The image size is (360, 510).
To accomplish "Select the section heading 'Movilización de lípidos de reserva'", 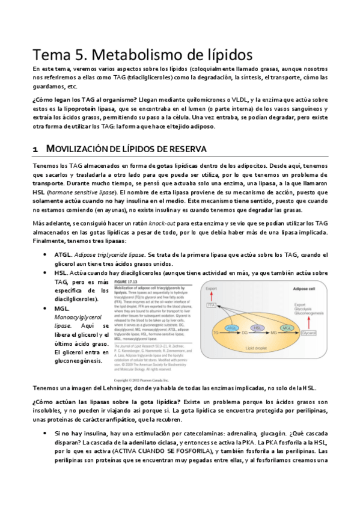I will (x=126, y=148).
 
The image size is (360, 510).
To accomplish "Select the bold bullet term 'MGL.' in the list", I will (x=63, y=309).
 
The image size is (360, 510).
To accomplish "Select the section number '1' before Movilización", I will (x=35, y=149).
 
